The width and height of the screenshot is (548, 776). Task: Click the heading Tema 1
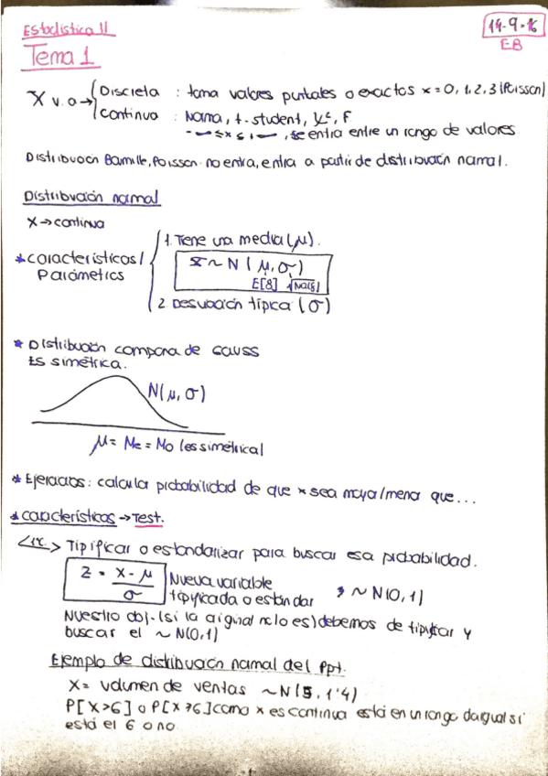click(x=63, y=58)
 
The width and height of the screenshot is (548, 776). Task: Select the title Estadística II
click(x=67, y=28)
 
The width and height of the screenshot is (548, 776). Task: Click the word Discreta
click(x=130, y=92)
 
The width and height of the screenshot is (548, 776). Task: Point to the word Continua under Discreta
click(x=127, y=115)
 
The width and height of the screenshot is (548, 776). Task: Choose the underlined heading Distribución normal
click(x=91, y=198)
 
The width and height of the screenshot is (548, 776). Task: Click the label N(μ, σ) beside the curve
click(x=176, y=394)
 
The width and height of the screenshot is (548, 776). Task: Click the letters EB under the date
click(x=511, y=44)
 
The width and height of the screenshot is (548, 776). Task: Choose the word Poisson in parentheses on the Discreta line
click(x=523, y=91)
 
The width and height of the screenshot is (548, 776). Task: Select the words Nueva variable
click(x=208, y=581)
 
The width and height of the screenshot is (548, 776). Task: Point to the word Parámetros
click(x=86, y=274)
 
